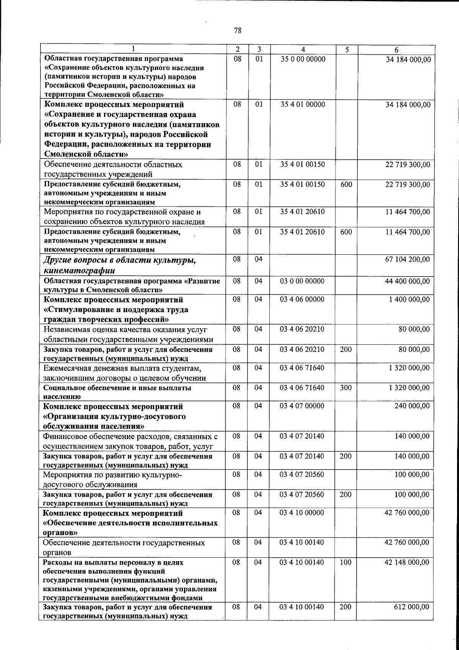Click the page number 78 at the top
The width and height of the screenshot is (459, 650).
coord(237,31)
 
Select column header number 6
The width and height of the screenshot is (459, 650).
coord(396,50)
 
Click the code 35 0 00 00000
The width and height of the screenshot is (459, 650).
coord(303,59)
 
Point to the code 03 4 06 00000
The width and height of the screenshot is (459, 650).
coord(302,300)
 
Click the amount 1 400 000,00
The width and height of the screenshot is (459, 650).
coord(409,300)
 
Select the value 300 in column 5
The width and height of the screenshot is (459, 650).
coord(345,388)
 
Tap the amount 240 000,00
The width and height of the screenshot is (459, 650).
coord(412,406)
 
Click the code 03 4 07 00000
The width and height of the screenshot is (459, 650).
coord(302,406)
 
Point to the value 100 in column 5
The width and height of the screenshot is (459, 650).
coord(345,563)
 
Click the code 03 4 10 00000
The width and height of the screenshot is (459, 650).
coord(302,513)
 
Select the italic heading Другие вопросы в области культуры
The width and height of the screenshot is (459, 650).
coord(120,260)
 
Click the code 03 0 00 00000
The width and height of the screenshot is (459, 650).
coord(302,281)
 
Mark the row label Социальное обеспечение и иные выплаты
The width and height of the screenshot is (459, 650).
coord(117,388)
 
